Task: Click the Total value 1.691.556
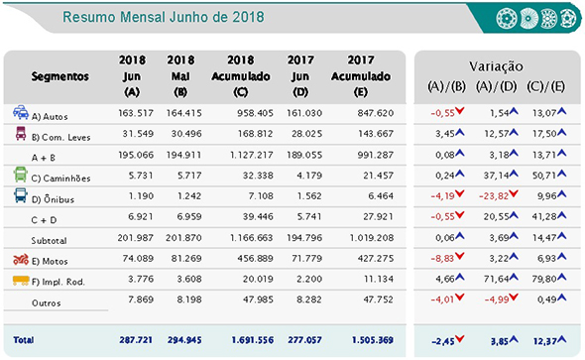click(241, 339)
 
